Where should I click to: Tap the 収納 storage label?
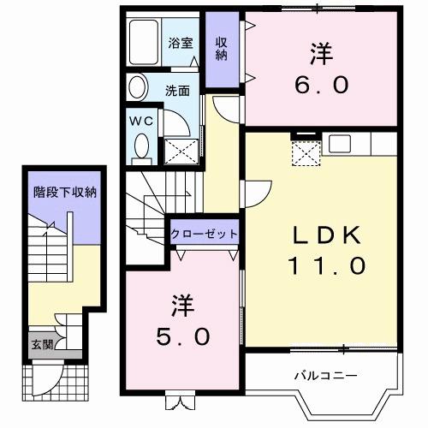pos(221,48)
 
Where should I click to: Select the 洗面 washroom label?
pos(177,88)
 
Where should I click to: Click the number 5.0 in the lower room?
pos(181,336)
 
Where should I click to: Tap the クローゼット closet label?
pos(203,234)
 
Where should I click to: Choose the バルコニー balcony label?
pos(325,375)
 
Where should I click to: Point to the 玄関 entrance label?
pos(39,345)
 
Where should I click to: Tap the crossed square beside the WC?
pos(180,151)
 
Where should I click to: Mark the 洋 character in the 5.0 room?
pos(181,303)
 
